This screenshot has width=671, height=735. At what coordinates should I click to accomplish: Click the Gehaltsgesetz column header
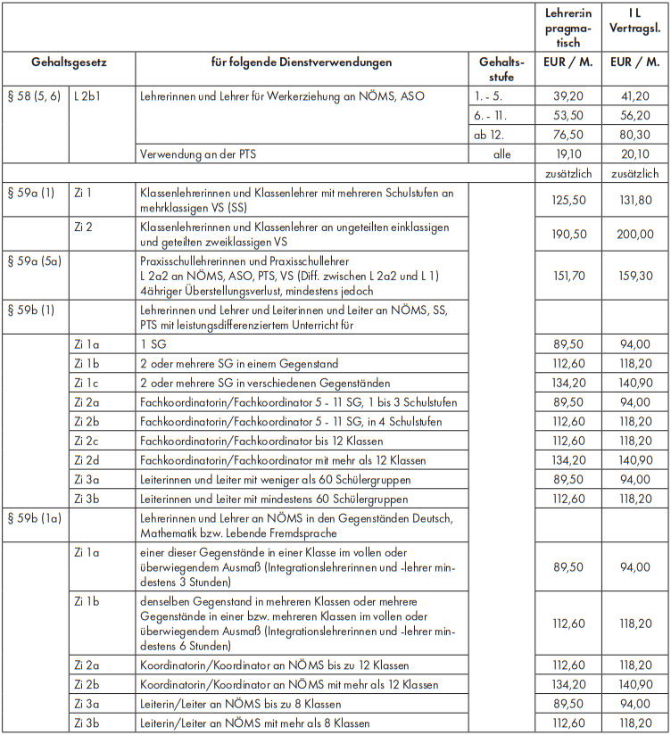coord(68,63)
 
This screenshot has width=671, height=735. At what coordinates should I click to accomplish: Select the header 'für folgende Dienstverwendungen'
coord(301,63)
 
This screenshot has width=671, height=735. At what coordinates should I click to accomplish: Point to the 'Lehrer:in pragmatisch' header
coord(568,29)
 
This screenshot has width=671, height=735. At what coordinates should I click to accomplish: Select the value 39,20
coord(568,96)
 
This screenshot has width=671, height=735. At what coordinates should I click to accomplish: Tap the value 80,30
coord(634,135)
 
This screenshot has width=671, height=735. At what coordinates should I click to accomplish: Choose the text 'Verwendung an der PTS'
coord(197,153)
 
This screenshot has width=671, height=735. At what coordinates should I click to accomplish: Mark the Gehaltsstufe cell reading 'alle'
coord(501,153)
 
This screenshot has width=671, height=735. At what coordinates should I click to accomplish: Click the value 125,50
coord(568,201)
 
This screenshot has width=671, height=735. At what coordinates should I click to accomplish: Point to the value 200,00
coord(634,235)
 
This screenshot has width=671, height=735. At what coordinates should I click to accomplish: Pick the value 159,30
coord(634,277)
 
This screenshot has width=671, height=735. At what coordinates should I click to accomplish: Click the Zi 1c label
coord(89,383)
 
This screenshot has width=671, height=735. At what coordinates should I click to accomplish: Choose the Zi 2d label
coord(89,460)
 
